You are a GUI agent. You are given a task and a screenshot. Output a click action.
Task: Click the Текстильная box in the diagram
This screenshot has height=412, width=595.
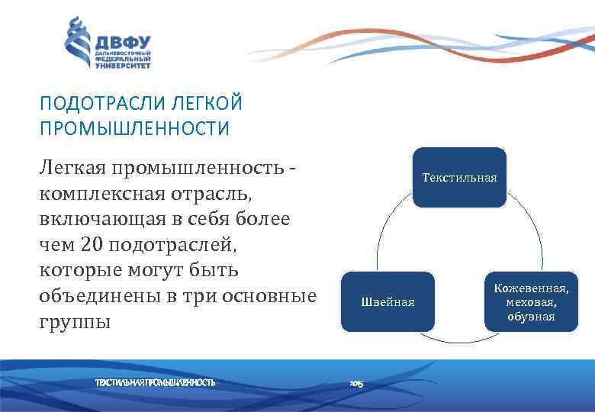(459, 178)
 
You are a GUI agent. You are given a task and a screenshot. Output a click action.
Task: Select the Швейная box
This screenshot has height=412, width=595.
(388, 302)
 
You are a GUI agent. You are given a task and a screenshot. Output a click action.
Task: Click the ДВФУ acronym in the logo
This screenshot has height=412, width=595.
(124, 43)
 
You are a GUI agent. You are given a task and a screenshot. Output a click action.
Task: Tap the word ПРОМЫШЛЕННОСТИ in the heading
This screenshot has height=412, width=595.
(133, 127)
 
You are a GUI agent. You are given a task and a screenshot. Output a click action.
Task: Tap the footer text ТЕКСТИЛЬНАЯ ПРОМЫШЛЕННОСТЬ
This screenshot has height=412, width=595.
(155, 381)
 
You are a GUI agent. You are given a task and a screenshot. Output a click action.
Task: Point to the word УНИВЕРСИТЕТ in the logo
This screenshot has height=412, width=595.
(123, 66)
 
